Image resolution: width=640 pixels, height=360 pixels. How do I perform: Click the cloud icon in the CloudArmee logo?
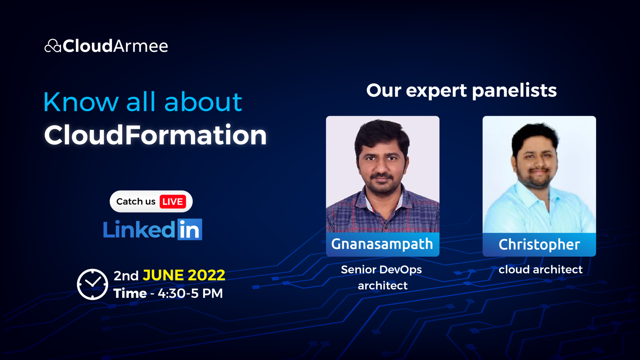click(52, 46)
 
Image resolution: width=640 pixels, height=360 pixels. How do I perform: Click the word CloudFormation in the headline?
click(155, 135)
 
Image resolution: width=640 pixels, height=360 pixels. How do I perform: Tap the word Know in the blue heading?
click(81, 102)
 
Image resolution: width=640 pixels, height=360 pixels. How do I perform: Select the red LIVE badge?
click(172, 202)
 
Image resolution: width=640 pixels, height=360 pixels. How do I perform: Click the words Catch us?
click(136, 202)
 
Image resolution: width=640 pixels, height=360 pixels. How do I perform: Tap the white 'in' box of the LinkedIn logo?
click(190, 229)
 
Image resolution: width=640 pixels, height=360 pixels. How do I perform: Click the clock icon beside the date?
click(92, 284)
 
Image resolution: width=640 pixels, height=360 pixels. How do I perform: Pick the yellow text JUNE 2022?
click(184, 275)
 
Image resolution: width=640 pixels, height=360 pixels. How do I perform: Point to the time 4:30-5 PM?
click(190, 293)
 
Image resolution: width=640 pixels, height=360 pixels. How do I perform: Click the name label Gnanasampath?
click(382, 244)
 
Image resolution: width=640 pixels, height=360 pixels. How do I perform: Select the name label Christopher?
click(539, 245)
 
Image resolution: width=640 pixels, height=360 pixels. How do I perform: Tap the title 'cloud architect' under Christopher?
click(540, 269)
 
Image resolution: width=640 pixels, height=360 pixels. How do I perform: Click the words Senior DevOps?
click(381, 269)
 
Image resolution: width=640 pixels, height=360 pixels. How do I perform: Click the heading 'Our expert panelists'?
click(461, 91)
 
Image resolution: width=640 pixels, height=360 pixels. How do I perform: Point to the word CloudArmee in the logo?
click(115, 46)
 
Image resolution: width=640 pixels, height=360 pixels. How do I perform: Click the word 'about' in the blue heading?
click(203, 102)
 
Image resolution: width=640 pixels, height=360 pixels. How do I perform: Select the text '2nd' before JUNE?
click(126, 276)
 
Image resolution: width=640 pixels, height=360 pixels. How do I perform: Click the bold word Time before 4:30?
click(130, 293)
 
